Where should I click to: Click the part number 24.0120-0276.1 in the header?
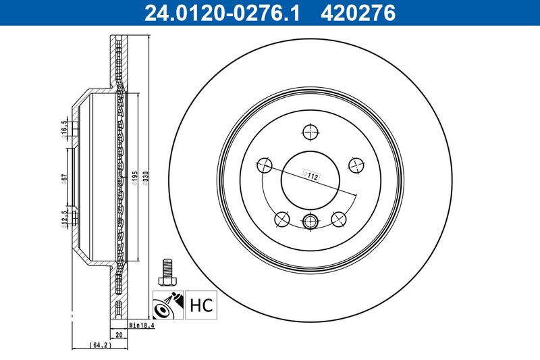pyautogui.click(x=222, y=13)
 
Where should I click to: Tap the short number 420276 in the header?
pyautogui.click(x=358, y=13)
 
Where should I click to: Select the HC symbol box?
pyautogui.click(x=201, y=305)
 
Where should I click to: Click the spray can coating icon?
pyautogui.click(x=168, y=305)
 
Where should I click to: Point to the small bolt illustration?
pyautogui.click(x=167, y=272)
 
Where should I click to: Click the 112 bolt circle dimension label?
pyautogui.click(x=310, y=176)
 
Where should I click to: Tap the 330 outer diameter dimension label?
pyautogui.click(x=145, y=178)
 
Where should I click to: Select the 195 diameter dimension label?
pyautogui.click(x=134, y=178)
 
